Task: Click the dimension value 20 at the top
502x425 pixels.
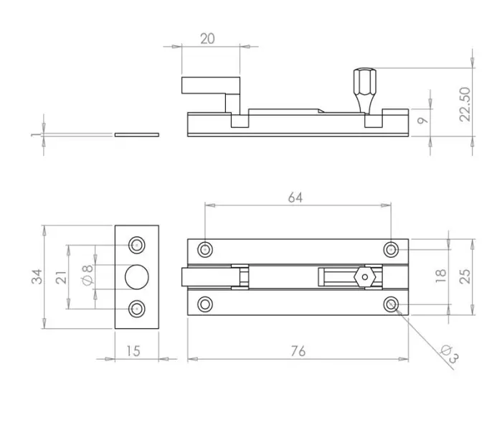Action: point(207,38)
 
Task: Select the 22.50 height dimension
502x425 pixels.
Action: point(465,103)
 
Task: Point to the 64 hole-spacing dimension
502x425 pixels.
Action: point(295,197)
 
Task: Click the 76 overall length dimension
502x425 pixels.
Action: point(298,350)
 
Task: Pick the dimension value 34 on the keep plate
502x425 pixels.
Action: point(37,276)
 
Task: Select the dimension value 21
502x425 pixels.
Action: point(62,276)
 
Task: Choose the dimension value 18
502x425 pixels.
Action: point(441,276)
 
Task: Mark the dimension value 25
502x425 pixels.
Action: point(466,276)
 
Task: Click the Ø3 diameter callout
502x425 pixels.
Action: point(450,355)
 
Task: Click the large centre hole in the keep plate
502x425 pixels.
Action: point(136,276)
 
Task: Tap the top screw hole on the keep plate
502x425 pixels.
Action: point(136,245)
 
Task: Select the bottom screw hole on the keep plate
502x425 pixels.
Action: point(136,309)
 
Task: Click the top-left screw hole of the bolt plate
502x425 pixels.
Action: point(206,249)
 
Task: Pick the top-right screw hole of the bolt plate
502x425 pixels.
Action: point(391,249)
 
